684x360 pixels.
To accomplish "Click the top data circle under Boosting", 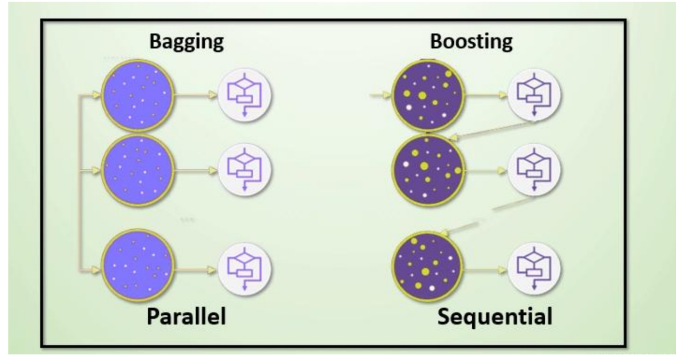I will [x=428, y=95].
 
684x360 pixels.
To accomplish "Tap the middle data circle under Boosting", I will [x=428, y=168].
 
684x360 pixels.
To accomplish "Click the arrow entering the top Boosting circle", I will [x=380, y=95].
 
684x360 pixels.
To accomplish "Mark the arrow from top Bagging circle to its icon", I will [x=195, y=95].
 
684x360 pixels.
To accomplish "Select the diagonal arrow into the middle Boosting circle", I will [x=491, y=129].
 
